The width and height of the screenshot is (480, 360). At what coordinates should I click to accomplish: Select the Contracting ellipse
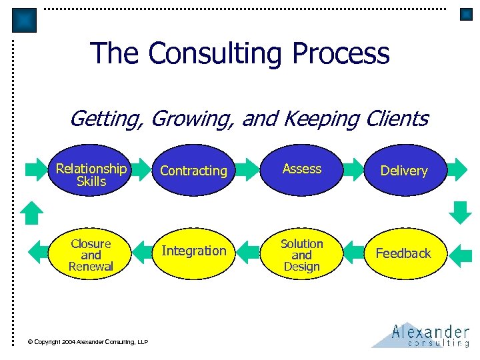[194, 171]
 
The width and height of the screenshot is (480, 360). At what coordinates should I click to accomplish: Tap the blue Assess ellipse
[302, 169]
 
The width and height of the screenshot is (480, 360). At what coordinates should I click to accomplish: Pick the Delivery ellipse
[404, 171]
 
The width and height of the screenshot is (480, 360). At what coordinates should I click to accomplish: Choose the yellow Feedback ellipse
[404, 253]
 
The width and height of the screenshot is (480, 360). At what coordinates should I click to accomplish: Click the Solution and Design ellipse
[301, 254]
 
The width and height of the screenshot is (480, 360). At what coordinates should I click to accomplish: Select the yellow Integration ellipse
[194, 251]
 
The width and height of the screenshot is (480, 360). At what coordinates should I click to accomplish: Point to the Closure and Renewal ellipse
[91, 254]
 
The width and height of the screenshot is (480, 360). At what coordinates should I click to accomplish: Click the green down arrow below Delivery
[459, 211]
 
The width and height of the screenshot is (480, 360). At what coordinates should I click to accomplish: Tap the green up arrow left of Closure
[31, 212]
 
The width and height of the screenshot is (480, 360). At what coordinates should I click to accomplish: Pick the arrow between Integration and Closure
[143, 252]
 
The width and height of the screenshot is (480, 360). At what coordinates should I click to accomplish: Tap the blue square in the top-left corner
[25, 20]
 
